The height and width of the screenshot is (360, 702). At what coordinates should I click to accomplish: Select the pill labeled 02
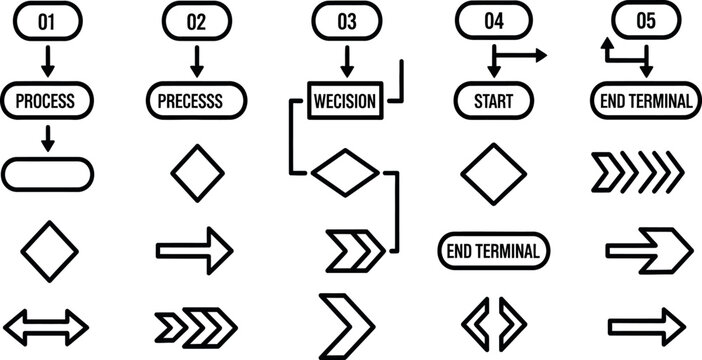pyautogui.click(x=196, y=21)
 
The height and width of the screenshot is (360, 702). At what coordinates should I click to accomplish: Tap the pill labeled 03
pyautogui.click(x=347, y=21)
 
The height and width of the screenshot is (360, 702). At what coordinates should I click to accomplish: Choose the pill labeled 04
pyautogui.click(x=494, y=21)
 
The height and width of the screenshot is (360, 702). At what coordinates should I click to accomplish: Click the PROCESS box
pyautogui.click(x=48, y=100)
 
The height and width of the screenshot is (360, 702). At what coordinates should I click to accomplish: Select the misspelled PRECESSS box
pyautogui.click(x=197, y=100)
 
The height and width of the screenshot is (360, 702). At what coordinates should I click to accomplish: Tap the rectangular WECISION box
pyautogui.click(x=344, y=101)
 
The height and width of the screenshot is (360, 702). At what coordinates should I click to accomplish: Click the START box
pyautogui.click(x=494, y=100)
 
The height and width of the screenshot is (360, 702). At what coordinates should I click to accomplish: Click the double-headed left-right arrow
pyautogui.click(x=47, y=325)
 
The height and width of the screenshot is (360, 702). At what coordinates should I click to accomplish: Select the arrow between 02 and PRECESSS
pyautogui.click(x=196, y=60)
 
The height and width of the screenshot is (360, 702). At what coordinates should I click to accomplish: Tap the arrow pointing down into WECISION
pyautogui.click(x=346, y=61)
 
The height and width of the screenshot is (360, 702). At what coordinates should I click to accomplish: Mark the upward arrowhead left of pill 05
pyautogui.click(x=606, y=46)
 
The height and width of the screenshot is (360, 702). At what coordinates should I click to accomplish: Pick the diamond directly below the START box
pyautogui.click(x=494, y=173)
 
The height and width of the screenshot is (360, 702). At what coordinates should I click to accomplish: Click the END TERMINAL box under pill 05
pyautogui.click(x=644, y=100)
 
